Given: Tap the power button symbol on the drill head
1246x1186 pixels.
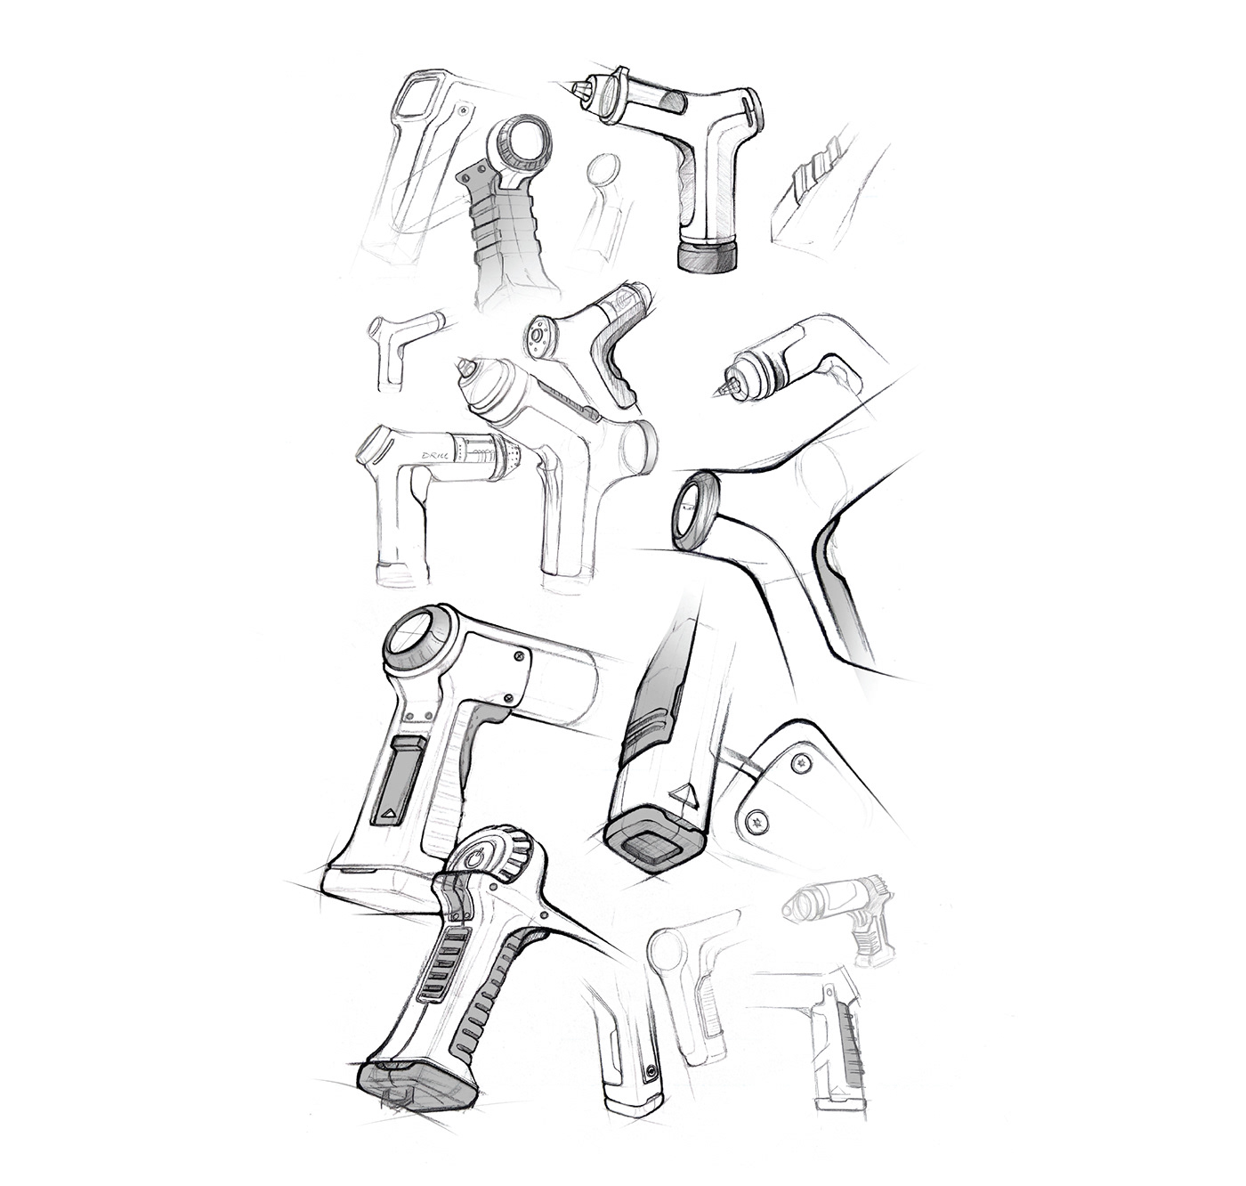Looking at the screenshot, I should pos(480,858).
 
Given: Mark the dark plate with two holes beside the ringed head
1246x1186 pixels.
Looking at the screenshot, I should pos(473,182).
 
